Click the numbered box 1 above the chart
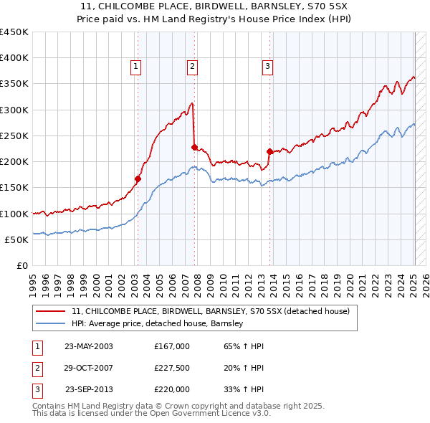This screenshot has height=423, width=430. (x=136, y=67)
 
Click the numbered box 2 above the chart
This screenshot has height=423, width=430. (x=193, y=67)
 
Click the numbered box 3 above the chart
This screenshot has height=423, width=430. (x=267, y=67)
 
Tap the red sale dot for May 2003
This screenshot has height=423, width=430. (x=138, y=179)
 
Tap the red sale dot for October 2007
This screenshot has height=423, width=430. (x=194, y=148)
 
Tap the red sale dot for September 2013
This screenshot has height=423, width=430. (x=269, y=151)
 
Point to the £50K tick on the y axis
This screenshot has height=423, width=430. (x=17, y=239)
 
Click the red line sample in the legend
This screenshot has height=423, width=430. (x=51, y=311)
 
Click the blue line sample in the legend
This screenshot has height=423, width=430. (x=51, y=323)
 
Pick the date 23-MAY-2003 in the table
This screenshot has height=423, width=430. (x=89, y=346)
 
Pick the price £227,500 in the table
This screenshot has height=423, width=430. (x=172, y=368)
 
